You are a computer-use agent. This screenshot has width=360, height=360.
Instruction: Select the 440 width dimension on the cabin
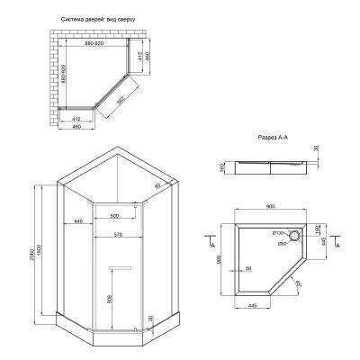click(78, 220)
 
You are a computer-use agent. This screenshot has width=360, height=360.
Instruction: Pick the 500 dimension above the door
click(114, 217)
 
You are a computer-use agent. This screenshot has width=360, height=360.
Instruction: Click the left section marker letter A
click(210, 243)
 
